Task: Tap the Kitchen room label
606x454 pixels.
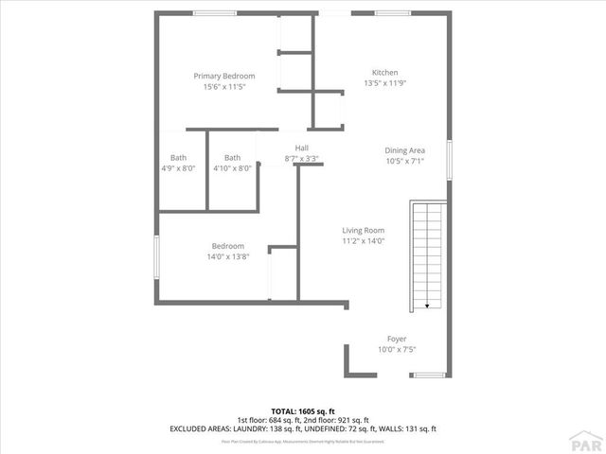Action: pyautogui.click(x=384, y=72)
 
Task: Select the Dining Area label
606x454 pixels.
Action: pyautogui.click(x=404, y=149)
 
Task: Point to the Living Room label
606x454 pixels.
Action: pyautogui.click(x=363, y=230)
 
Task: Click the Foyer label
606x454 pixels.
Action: pyautogui.click(x=397, y=339)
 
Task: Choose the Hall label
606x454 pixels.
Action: pyautogui.click(x=301, y=148)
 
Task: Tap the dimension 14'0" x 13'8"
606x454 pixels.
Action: pyautogui.click(x=227, y=256)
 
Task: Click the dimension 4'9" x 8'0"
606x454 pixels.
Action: pyautogui.click(x=178, y=168)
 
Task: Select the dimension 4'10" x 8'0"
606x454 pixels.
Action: pyautogui.click(x=232, y=168)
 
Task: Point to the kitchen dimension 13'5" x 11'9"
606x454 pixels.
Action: pyautogui.click(x=384, y=83)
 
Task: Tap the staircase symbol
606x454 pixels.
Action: pyautogui.click(x=426, y=255)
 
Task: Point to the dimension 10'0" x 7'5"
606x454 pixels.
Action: pyautogui.click(x=397, y=350)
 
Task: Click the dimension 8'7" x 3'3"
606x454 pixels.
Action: pyautogui.click(x=301, y=159)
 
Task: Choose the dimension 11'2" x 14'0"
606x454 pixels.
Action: pyautogui.click(x=363, y=241)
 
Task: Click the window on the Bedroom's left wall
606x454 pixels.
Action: pyautogui.click(x=156, y=257)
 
